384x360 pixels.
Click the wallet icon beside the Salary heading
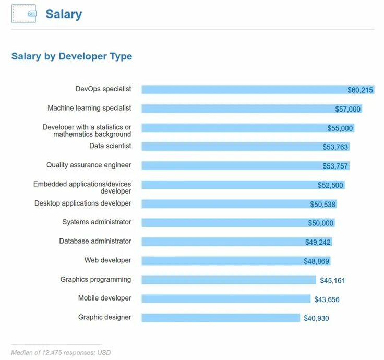(23, 14)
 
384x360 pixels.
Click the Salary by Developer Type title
(71, 56)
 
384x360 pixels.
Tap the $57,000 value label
(347, 109)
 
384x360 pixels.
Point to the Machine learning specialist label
(89, 108)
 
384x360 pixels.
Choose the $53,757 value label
(335, 166)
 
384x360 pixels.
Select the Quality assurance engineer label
(89, 165)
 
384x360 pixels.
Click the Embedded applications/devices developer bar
(230, 185)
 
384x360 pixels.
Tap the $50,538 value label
(323, 204)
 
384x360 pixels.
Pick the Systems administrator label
(97, 222)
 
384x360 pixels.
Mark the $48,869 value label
(317, 261)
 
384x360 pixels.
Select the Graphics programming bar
(229, 280)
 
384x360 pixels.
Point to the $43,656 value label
(327, 299)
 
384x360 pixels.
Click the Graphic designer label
(104, 317)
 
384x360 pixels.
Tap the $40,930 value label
(316, 318)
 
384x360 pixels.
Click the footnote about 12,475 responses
(61, 352)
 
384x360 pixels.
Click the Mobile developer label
(104, 298)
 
